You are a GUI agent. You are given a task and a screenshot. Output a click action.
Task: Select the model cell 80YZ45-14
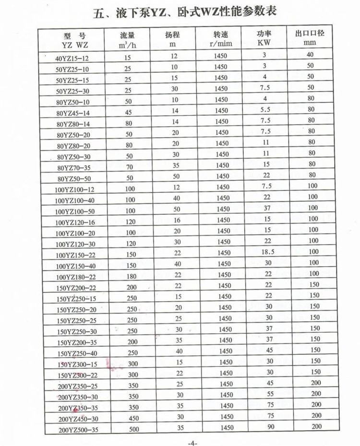tap(73, 113)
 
